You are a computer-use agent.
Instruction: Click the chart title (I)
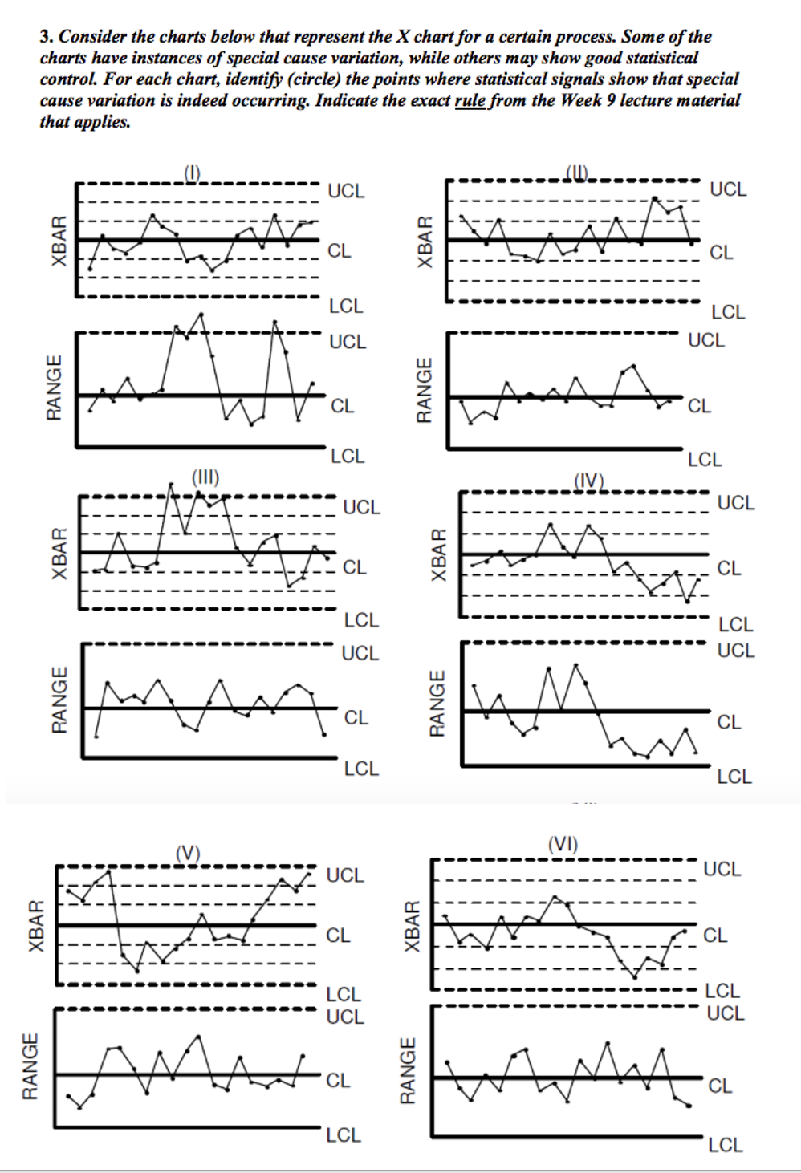191,171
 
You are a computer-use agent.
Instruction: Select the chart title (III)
205,477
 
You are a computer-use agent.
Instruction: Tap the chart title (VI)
563,843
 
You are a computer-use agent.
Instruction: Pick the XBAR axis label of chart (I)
59,241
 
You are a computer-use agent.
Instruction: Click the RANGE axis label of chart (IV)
437,704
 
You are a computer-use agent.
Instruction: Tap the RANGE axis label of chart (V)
30,1066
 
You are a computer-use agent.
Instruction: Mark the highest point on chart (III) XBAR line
171,484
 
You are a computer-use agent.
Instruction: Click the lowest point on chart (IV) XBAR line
687,602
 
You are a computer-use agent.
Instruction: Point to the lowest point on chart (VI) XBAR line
634,976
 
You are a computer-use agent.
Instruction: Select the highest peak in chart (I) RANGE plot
201,314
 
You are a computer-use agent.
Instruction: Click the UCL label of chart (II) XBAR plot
728,190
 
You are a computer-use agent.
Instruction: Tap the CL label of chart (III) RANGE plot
356,717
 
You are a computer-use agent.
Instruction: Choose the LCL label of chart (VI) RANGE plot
725,1145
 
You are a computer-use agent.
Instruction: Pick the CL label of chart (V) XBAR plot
338,936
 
